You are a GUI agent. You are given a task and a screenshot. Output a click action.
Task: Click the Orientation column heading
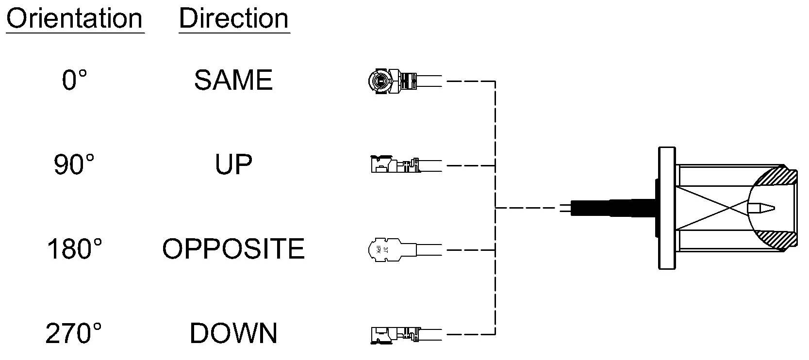click(75, 18)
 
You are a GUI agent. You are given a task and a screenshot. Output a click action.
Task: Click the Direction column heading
click(234, 18)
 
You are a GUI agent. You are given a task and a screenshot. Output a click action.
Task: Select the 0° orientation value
click(75, 80)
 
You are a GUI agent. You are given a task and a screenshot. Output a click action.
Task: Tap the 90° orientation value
click(74, 164)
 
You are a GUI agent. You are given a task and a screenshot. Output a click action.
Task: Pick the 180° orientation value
click(75, 249)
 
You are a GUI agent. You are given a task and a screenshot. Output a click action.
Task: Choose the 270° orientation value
click(74, 333)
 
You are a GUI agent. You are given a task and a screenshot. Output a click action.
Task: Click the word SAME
click(233, 80)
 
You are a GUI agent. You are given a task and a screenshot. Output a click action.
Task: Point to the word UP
click(233, 164)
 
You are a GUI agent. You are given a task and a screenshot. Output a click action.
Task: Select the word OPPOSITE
click(233, 249)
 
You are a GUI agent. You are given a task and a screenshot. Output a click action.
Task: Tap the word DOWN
click(233, 333)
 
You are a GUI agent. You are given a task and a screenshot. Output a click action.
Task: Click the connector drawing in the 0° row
click(405, 81)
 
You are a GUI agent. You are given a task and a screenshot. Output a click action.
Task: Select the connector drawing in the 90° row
click(406, 164)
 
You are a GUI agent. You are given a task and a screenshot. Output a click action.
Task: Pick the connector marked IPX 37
click(405, 249)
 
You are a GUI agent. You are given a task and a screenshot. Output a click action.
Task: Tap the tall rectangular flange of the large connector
click(667, 208)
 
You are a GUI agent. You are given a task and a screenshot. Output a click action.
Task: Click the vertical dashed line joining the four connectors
click(495, 208)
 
